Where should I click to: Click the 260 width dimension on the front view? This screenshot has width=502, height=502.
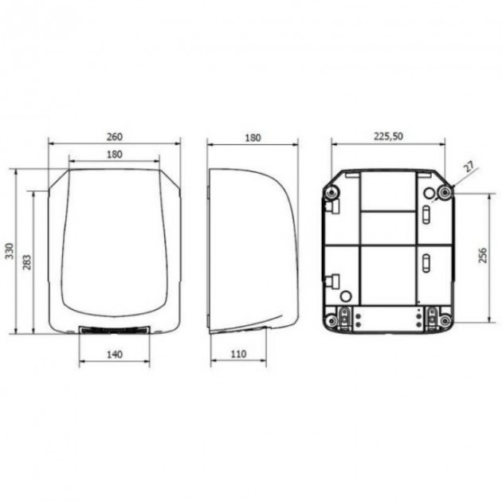[x=115, y=137]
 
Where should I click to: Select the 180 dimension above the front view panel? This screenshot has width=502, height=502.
[x=115, y=155]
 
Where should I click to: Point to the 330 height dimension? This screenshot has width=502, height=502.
[x=10, y=251]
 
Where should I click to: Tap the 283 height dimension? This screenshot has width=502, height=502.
[x=27, y=262]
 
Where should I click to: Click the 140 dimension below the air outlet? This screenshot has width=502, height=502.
[x=115, y=355]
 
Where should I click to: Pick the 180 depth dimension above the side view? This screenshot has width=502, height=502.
[x=253, y=138]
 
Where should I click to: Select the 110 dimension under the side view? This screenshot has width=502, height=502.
[x=238, y=354]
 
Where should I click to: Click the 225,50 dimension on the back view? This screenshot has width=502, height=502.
[x=388, y=136]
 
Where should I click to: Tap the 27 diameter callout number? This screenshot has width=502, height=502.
[x=469, y=167]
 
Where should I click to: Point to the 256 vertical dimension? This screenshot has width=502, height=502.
[x=482, y=255]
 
